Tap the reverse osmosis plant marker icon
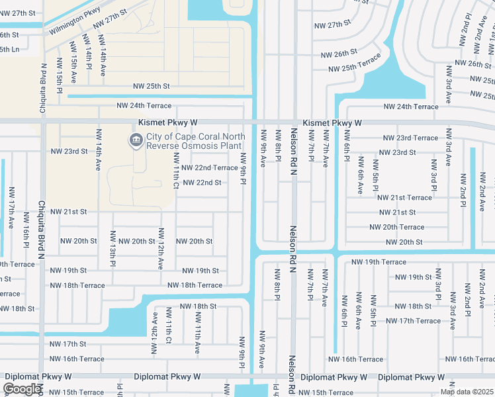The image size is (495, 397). (136, 140)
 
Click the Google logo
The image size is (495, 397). (22, 389)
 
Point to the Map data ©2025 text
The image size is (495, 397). (467, 392)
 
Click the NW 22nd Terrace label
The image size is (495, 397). (209, 168)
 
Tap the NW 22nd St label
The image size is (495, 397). (202, 183)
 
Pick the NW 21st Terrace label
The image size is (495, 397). (404, 197)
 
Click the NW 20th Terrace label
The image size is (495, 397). (397, 227)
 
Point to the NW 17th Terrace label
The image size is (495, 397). (413, 321)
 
